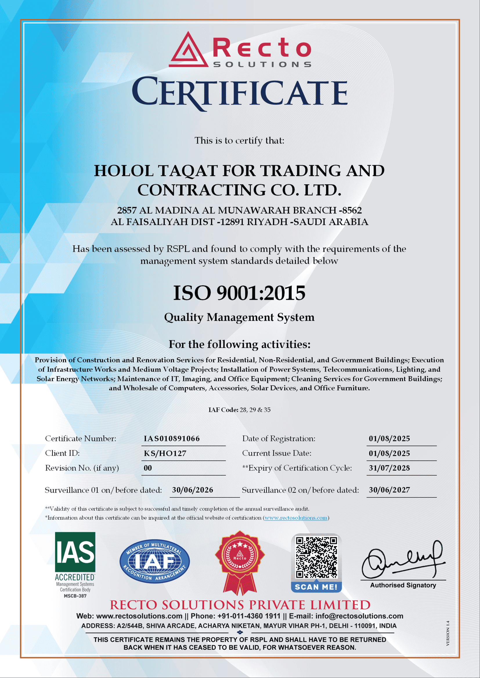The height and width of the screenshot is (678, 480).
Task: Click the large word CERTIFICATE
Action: pos(239,92)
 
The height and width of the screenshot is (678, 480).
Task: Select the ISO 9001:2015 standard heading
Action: pos(239,293)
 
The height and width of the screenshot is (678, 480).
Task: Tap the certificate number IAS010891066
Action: pos(172,439)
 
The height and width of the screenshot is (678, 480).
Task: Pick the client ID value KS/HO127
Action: pos(165,453)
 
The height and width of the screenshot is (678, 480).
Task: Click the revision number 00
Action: pos(148,468)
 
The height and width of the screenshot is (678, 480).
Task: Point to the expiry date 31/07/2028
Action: pos(389,468)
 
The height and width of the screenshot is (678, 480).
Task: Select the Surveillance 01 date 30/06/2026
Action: pos(192,490)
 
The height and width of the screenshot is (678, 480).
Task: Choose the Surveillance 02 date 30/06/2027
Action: pos(389,490)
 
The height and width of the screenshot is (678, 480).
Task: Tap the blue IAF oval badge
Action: pos(155,561)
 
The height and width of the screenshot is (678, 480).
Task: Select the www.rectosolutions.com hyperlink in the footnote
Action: pos(296,518)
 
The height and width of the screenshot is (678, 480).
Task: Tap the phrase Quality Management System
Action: pos(239,317)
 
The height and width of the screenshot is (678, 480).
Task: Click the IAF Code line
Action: pos(239,410)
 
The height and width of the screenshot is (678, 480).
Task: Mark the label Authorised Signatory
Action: pos(403,585)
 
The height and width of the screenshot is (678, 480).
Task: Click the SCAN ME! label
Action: pos(316,587)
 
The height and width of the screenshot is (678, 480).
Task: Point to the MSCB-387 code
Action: pos(75,596)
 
